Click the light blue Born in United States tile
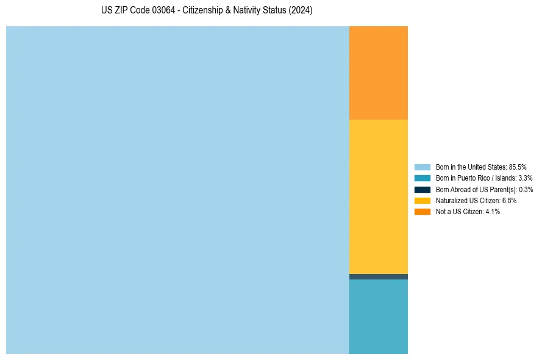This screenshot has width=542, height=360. click(x=177, y=190)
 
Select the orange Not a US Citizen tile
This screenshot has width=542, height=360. click(x=378, y=73)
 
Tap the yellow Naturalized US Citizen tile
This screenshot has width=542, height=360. click(x=378, y=196)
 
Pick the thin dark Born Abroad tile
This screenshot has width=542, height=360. click(x=378, y=276)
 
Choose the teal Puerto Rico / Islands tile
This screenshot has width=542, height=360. click(x=378, y=316)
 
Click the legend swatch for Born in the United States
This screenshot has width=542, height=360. click(x=422, y=167)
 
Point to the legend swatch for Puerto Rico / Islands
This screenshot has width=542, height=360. click(x=422, y=178)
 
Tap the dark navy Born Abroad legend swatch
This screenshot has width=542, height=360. click(x=422, y=189)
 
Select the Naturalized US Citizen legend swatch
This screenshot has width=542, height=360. click(x=422, y=200)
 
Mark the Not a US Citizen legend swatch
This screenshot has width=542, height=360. click(x=422, y=212)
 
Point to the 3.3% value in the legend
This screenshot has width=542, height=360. click(x=525, y=178)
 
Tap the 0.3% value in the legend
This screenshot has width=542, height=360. click(x=526, y=189)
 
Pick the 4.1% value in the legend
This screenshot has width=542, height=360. click(x=493, y=212)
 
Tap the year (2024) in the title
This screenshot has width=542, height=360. click(x=299, y=11)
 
